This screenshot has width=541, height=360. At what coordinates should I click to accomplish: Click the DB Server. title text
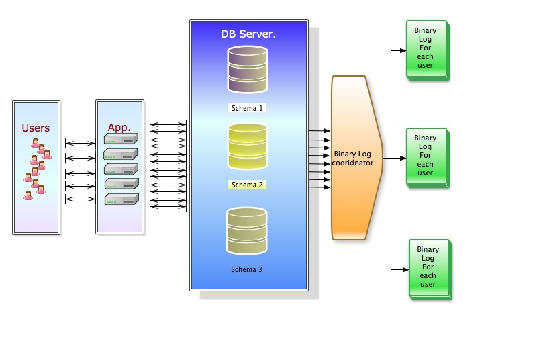pos(248,34)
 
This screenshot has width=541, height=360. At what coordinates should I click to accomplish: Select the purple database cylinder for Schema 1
pos(248,69)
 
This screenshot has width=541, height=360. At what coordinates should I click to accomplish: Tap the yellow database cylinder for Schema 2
pos(248,146)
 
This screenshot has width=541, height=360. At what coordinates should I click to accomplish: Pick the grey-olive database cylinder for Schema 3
pos(247,231)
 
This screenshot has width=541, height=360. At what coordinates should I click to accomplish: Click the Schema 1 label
pos(248,107)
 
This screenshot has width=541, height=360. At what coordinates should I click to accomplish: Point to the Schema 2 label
pos(248,185)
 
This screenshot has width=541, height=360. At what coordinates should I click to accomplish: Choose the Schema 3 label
pos(247,269)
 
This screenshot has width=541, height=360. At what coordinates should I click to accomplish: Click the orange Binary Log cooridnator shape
pos(356,158)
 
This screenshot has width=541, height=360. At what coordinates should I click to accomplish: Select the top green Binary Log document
pos(426,51)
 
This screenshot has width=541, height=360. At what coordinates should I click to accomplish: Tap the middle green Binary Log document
pos(426,156)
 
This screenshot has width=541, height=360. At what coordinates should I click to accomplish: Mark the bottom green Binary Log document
pos(429,267)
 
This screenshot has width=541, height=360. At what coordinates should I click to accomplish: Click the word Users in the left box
pos(36,128)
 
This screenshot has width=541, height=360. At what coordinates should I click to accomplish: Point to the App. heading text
pos(119,127)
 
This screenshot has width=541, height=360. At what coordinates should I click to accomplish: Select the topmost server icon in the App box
pos(121,139)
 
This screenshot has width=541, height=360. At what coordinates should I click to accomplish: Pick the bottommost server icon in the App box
pos(121,199)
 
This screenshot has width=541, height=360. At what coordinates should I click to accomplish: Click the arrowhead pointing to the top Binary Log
pos(403,50)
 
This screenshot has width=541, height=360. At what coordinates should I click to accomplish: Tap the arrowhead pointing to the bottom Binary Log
pos(405,269)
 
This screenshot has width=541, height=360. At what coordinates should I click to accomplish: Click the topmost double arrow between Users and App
pos(80,143)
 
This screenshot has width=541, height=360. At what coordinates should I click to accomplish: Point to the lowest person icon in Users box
pos(28,195)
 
